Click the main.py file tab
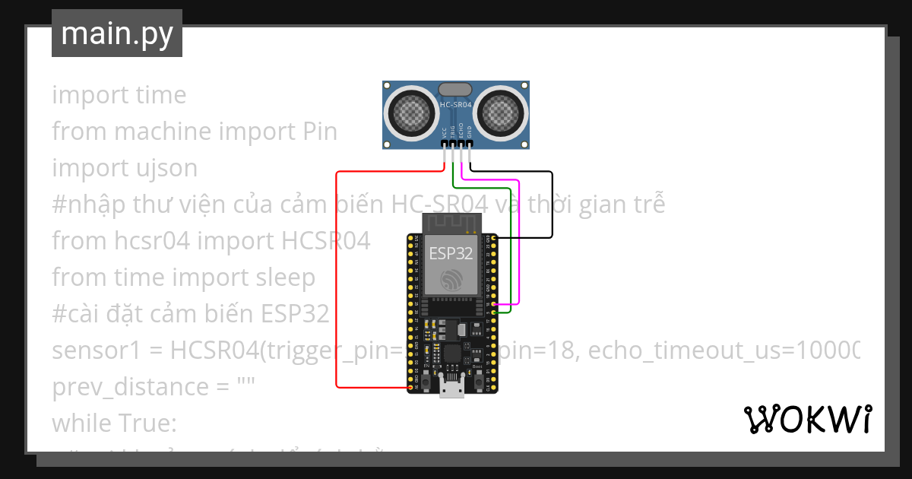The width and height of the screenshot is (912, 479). (116, 33)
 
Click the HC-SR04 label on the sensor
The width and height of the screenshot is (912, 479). (456, 104)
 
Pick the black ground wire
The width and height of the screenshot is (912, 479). (552, 205)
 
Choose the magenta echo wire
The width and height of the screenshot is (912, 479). (518, 243)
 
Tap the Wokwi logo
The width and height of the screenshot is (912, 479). (807, 419)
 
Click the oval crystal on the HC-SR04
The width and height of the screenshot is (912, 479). (455, 90)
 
